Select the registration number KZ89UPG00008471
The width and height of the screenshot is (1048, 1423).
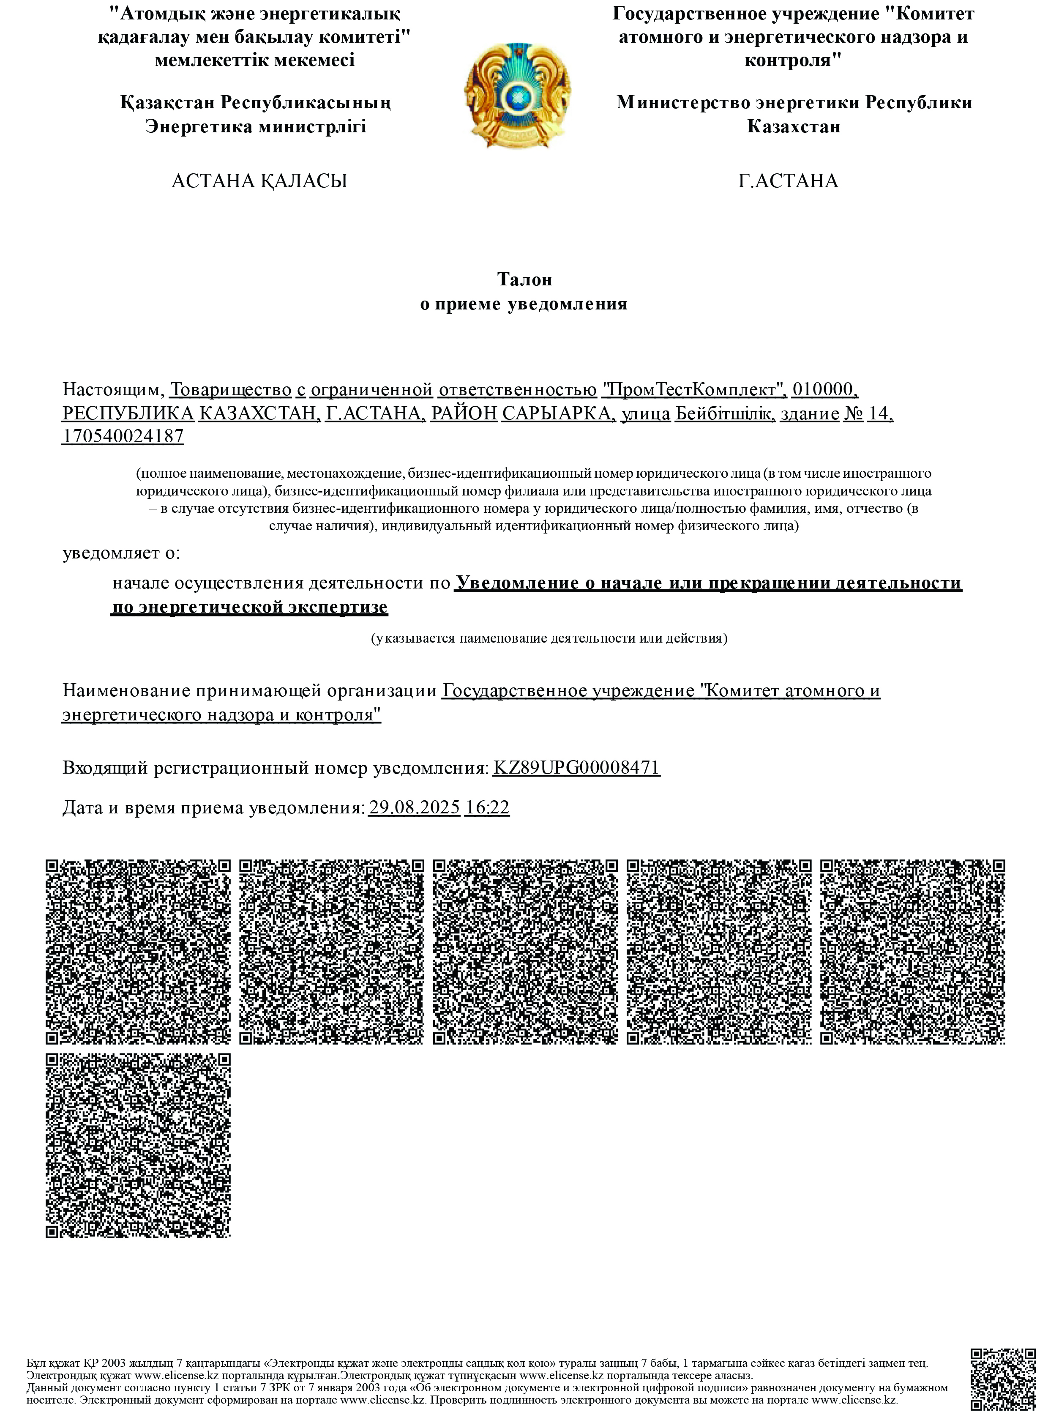[576, 768]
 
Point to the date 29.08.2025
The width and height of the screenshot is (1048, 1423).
[414, 807]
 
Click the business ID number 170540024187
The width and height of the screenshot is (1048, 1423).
[123, 437]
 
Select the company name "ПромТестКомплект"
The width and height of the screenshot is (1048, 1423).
[694, 389]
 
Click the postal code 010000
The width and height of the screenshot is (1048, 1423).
[825, 389]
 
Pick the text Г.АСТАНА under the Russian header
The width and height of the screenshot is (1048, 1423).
[788, 181]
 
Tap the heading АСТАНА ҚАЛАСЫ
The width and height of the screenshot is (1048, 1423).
[259, 181]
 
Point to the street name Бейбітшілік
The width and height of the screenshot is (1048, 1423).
[724, 413]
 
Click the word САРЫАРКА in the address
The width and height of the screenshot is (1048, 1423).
[558, 413]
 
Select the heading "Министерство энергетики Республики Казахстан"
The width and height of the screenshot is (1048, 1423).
[794, 114]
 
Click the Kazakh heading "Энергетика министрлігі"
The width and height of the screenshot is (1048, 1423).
[256, 126]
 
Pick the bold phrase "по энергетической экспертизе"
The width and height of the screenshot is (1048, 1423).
[250, 608]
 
